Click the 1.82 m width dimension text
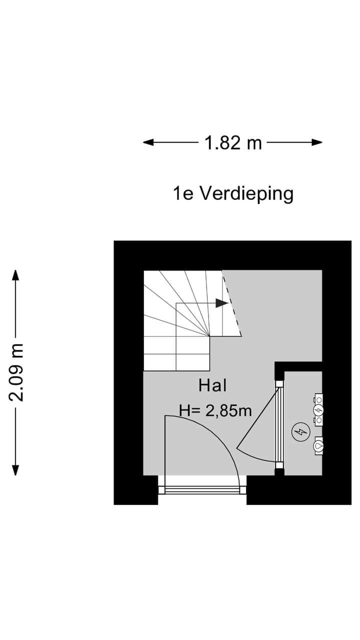click(233, 143)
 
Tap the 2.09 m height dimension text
click(16, 372)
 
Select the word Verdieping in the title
click(246, 193)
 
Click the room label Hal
click(212, 385)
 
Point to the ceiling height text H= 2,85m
click(215, 410)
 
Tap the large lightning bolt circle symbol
click(301, 432)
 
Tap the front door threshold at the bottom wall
click(202, 490)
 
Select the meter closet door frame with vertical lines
click(279, 425)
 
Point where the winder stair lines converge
click(209, 335)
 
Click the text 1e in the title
click(183, 193)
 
